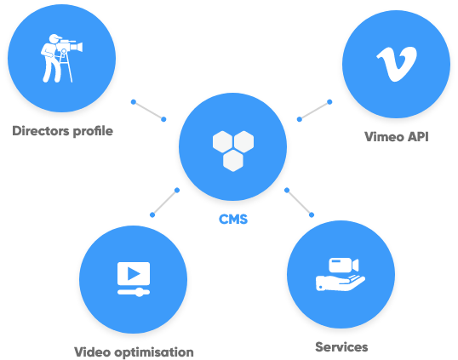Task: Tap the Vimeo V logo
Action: point(397,64)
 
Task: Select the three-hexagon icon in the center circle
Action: point(233,151)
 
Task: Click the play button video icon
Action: point(134,279)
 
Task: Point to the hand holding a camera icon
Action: point(341,274)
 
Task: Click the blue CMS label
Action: point(233,220)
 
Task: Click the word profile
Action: point(93,131)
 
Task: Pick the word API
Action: point(418,137)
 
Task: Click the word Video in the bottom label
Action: point(92,352)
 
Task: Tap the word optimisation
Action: point(154,352)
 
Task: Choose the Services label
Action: point(341,347)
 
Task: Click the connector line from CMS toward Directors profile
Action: point(148,111)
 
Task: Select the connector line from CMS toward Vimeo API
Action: point(314,111)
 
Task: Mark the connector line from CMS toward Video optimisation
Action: point(164,203)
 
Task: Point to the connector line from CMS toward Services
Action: point(299,203)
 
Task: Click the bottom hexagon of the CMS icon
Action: point(233,161)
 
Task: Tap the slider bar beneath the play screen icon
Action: point(134,292)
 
